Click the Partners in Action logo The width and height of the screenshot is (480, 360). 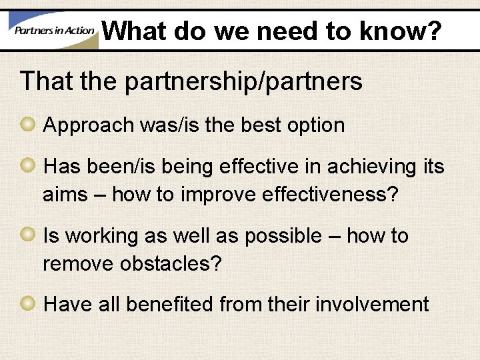52,30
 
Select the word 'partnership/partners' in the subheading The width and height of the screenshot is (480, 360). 243,82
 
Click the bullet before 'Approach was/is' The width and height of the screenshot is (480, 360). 29,124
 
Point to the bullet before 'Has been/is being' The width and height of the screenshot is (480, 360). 29,165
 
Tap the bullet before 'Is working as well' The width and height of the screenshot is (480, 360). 29,235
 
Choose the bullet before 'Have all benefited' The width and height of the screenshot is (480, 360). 29,304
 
